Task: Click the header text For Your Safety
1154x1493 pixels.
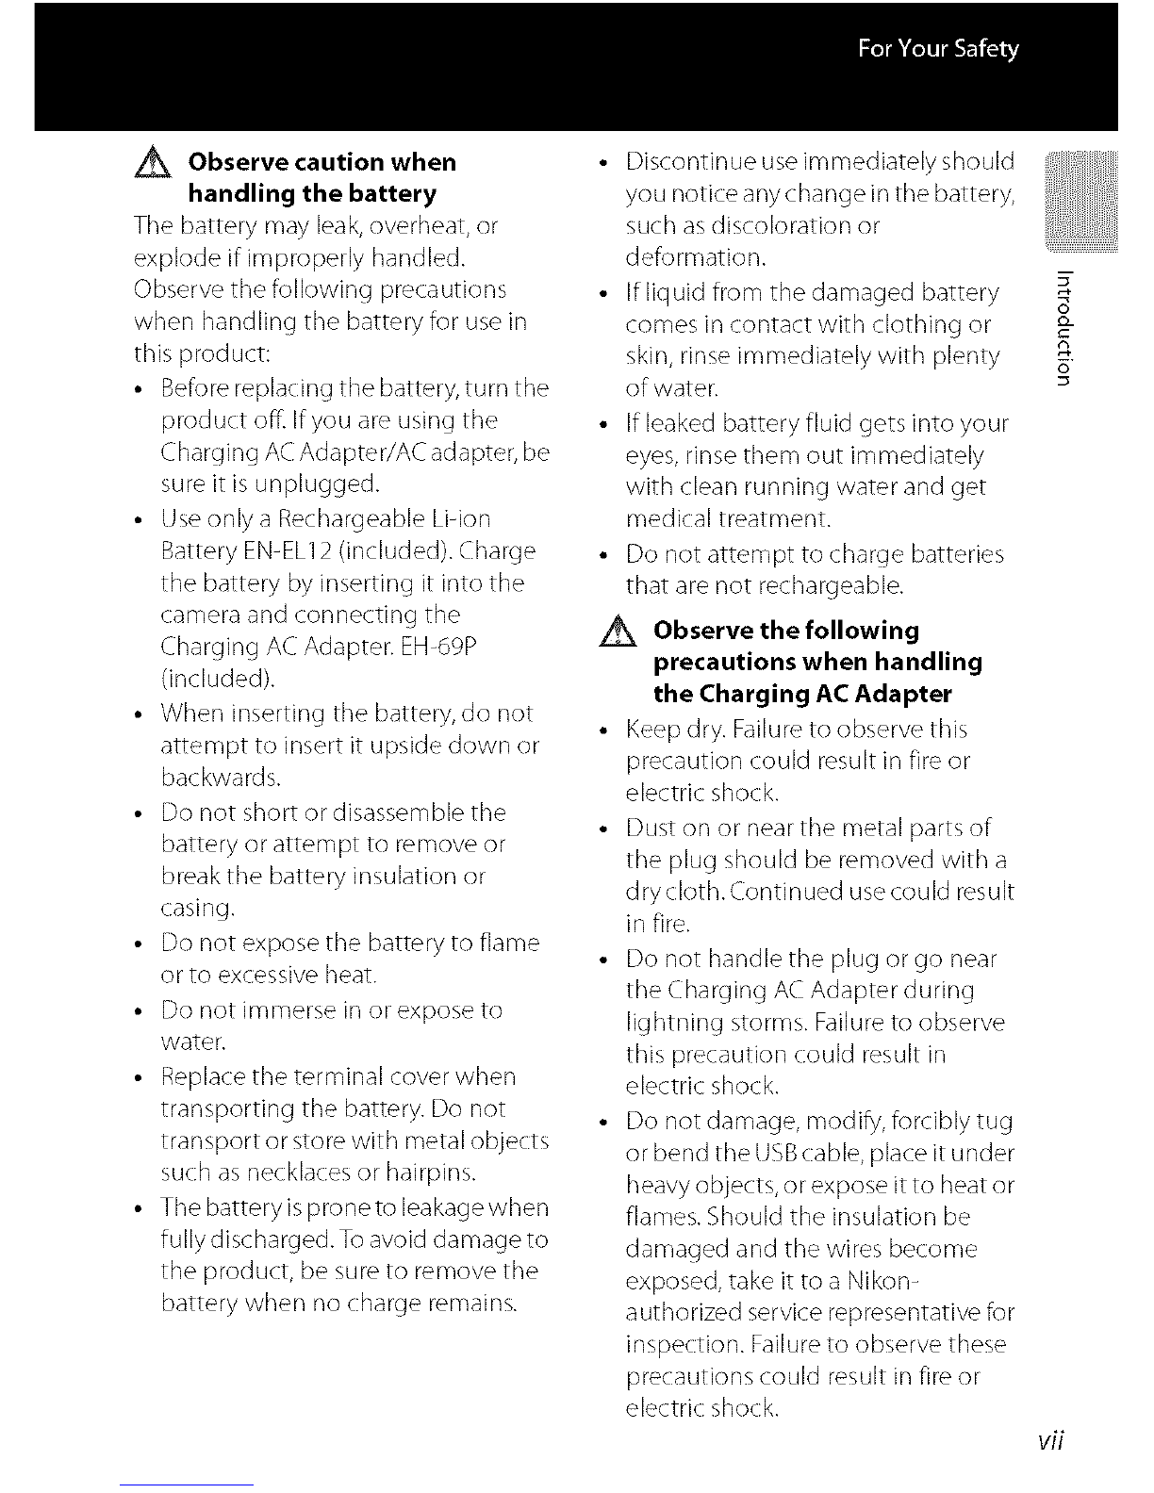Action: coord(938,49)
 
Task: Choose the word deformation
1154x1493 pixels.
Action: coord(696,257)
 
